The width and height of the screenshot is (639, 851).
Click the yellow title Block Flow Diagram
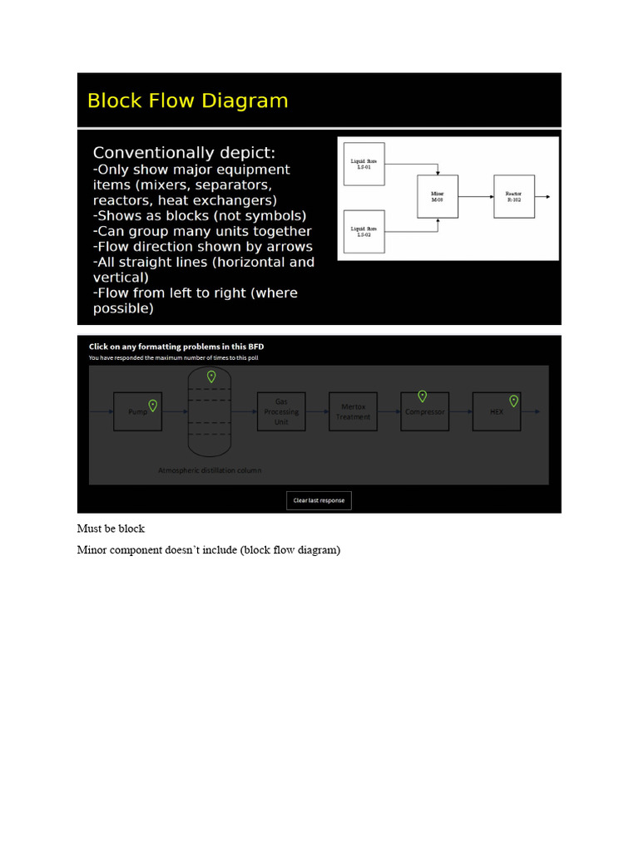187,101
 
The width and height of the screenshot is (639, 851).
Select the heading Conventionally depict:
184,153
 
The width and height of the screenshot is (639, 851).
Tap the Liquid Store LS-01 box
364,162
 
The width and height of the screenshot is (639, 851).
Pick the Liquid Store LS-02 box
364,231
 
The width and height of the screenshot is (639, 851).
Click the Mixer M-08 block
438,197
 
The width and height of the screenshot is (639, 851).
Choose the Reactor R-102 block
513,197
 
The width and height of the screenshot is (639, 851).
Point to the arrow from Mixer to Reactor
475,197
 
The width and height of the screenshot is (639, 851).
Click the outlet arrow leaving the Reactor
542,197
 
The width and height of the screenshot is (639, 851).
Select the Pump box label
136,412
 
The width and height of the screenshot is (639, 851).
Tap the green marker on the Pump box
153,405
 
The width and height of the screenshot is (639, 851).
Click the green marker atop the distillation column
211,376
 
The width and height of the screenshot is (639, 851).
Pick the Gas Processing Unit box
281,411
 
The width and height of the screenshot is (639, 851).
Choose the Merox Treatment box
353,411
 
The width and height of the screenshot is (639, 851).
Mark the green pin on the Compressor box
423,396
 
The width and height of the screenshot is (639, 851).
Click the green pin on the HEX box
514,401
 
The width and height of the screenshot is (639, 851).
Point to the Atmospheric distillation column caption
210,470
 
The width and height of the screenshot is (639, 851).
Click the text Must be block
111,529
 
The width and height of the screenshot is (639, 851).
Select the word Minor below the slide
91,550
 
